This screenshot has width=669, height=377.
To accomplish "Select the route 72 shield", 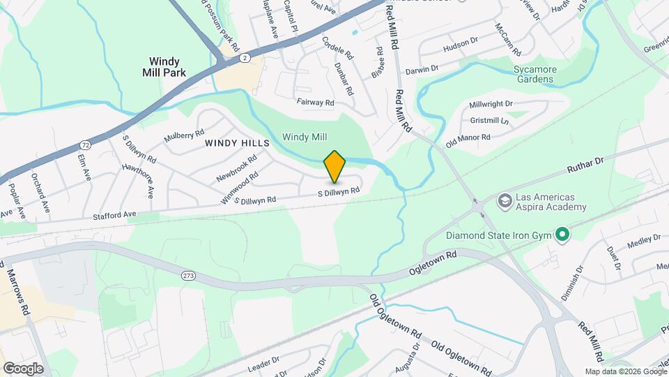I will click(x=84, y=145).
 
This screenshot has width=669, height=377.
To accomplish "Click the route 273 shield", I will click(x=188, y=276).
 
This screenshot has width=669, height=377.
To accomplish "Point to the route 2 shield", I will click(x=245, y=59).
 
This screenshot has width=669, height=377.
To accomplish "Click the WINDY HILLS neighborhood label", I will click(x=237, y=142).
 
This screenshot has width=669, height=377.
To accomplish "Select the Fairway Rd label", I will click(x=316, y=103).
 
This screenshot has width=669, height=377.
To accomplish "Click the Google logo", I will click(x=23, y=368).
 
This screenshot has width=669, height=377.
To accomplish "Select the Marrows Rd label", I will click(x=18, y=289).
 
